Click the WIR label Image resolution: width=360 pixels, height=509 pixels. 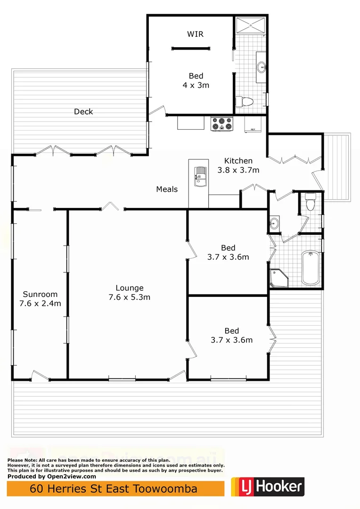point(196,34)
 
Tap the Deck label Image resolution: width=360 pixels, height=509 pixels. point(83,112)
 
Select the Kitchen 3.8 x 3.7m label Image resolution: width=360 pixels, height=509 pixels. point(238,165)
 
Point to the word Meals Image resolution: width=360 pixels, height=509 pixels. point(167,189)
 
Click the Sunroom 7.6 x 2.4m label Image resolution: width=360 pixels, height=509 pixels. point(40,299)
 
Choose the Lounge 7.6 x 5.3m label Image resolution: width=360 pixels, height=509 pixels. point(130,292)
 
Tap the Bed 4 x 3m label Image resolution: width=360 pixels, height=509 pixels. point(196,81)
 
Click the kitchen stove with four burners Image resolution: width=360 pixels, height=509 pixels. point(222,123)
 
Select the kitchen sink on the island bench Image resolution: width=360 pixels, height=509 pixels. point(200,176)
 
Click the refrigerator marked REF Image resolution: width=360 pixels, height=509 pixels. point(254,124)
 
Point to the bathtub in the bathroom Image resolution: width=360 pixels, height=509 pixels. point(310,268)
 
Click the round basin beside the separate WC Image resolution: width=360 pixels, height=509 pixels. point(274,222)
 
